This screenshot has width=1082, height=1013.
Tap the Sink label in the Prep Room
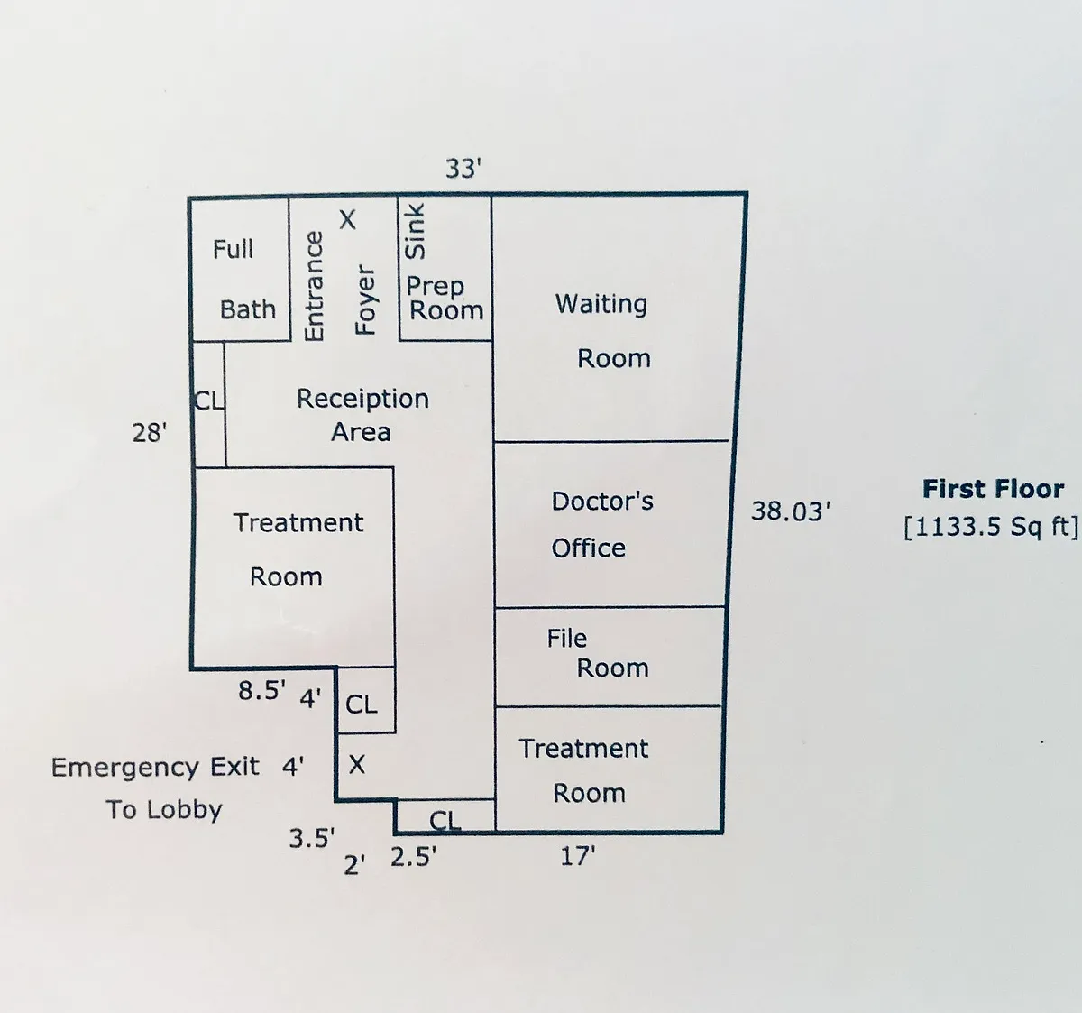(414, 231)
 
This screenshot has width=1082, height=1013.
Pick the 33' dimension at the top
(463, 169)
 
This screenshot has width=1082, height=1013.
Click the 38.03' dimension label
(790, 511)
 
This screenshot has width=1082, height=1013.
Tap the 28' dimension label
(150, 433)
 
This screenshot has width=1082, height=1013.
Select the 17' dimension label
(577, 856)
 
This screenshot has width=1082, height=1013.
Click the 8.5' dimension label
(261, 691)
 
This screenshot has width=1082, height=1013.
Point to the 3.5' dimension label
(312, 839)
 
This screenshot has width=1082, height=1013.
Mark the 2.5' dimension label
(413, 857)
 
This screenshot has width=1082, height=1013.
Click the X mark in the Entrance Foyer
(347, 219)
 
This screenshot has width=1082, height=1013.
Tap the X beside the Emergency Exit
(357, 765)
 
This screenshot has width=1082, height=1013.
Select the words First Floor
(993, 490)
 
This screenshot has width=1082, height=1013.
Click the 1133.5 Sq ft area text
(990, 526)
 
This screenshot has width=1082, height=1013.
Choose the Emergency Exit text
(155, 768)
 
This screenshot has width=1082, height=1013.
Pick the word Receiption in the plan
(362, 399)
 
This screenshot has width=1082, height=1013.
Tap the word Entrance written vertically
(314, 286)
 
